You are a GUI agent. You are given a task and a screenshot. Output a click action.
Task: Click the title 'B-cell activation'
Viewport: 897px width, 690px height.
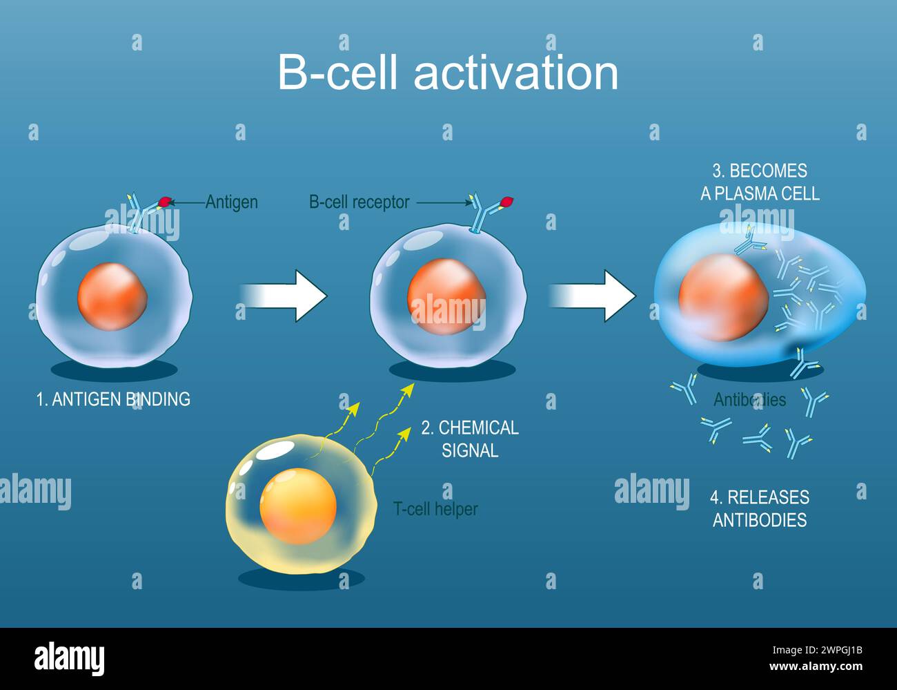tap(448, 73)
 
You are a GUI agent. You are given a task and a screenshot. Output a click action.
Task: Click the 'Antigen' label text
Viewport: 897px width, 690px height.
tap(231, 202)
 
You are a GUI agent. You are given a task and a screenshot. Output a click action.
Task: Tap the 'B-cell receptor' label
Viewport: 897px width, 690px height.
tap(359, 202)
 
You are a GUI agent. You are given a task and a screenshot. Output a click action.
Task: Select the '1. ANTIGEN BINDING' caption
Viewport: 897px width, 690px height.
tap(113, 399)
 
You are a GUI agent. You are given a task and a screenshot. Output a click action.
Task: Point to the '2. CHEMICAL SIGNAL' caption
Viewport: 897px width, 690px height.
tap(470, 439)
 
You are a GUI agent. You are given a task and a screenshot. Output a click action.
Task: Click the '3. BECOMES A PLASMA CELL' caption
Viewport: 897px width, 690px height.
tap(760, 182)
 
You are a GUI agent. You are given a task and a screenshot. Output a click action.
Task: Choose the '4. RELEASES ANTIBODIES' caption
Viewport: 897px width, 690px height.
tap(760, 508)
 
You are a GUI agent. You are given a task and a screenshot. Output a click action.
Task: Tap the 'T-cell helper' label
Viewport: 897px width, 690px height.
tap(435, 509)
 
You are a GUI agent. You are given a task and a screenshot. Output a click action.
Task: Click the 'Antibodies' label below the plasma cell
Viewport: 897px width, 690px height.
tap(749, 399)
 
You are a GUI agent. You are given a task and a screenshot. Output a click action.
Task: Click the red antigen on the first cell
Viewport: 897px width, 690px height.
tap(165, 202)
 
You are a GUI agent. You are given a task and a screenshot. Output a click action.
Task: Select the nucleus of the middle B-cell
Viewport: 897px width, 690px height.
tap(446, 296)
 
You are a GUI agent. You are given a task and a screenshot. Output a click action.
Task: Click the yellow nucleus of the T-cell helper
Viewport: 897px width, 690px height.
tap(298, 507)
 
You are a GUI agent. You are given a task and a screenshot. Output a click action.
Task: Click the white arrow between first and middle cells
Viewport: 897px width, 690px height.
tap(284, 296)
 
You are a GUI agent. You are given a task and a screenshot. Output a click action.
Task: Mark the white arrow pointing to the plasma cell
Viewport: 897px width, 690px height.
tap(593, 296)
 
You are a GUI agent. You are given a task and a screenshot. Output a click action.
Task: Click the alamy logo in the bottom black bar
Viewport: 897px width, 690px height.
tap(69, 658)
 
